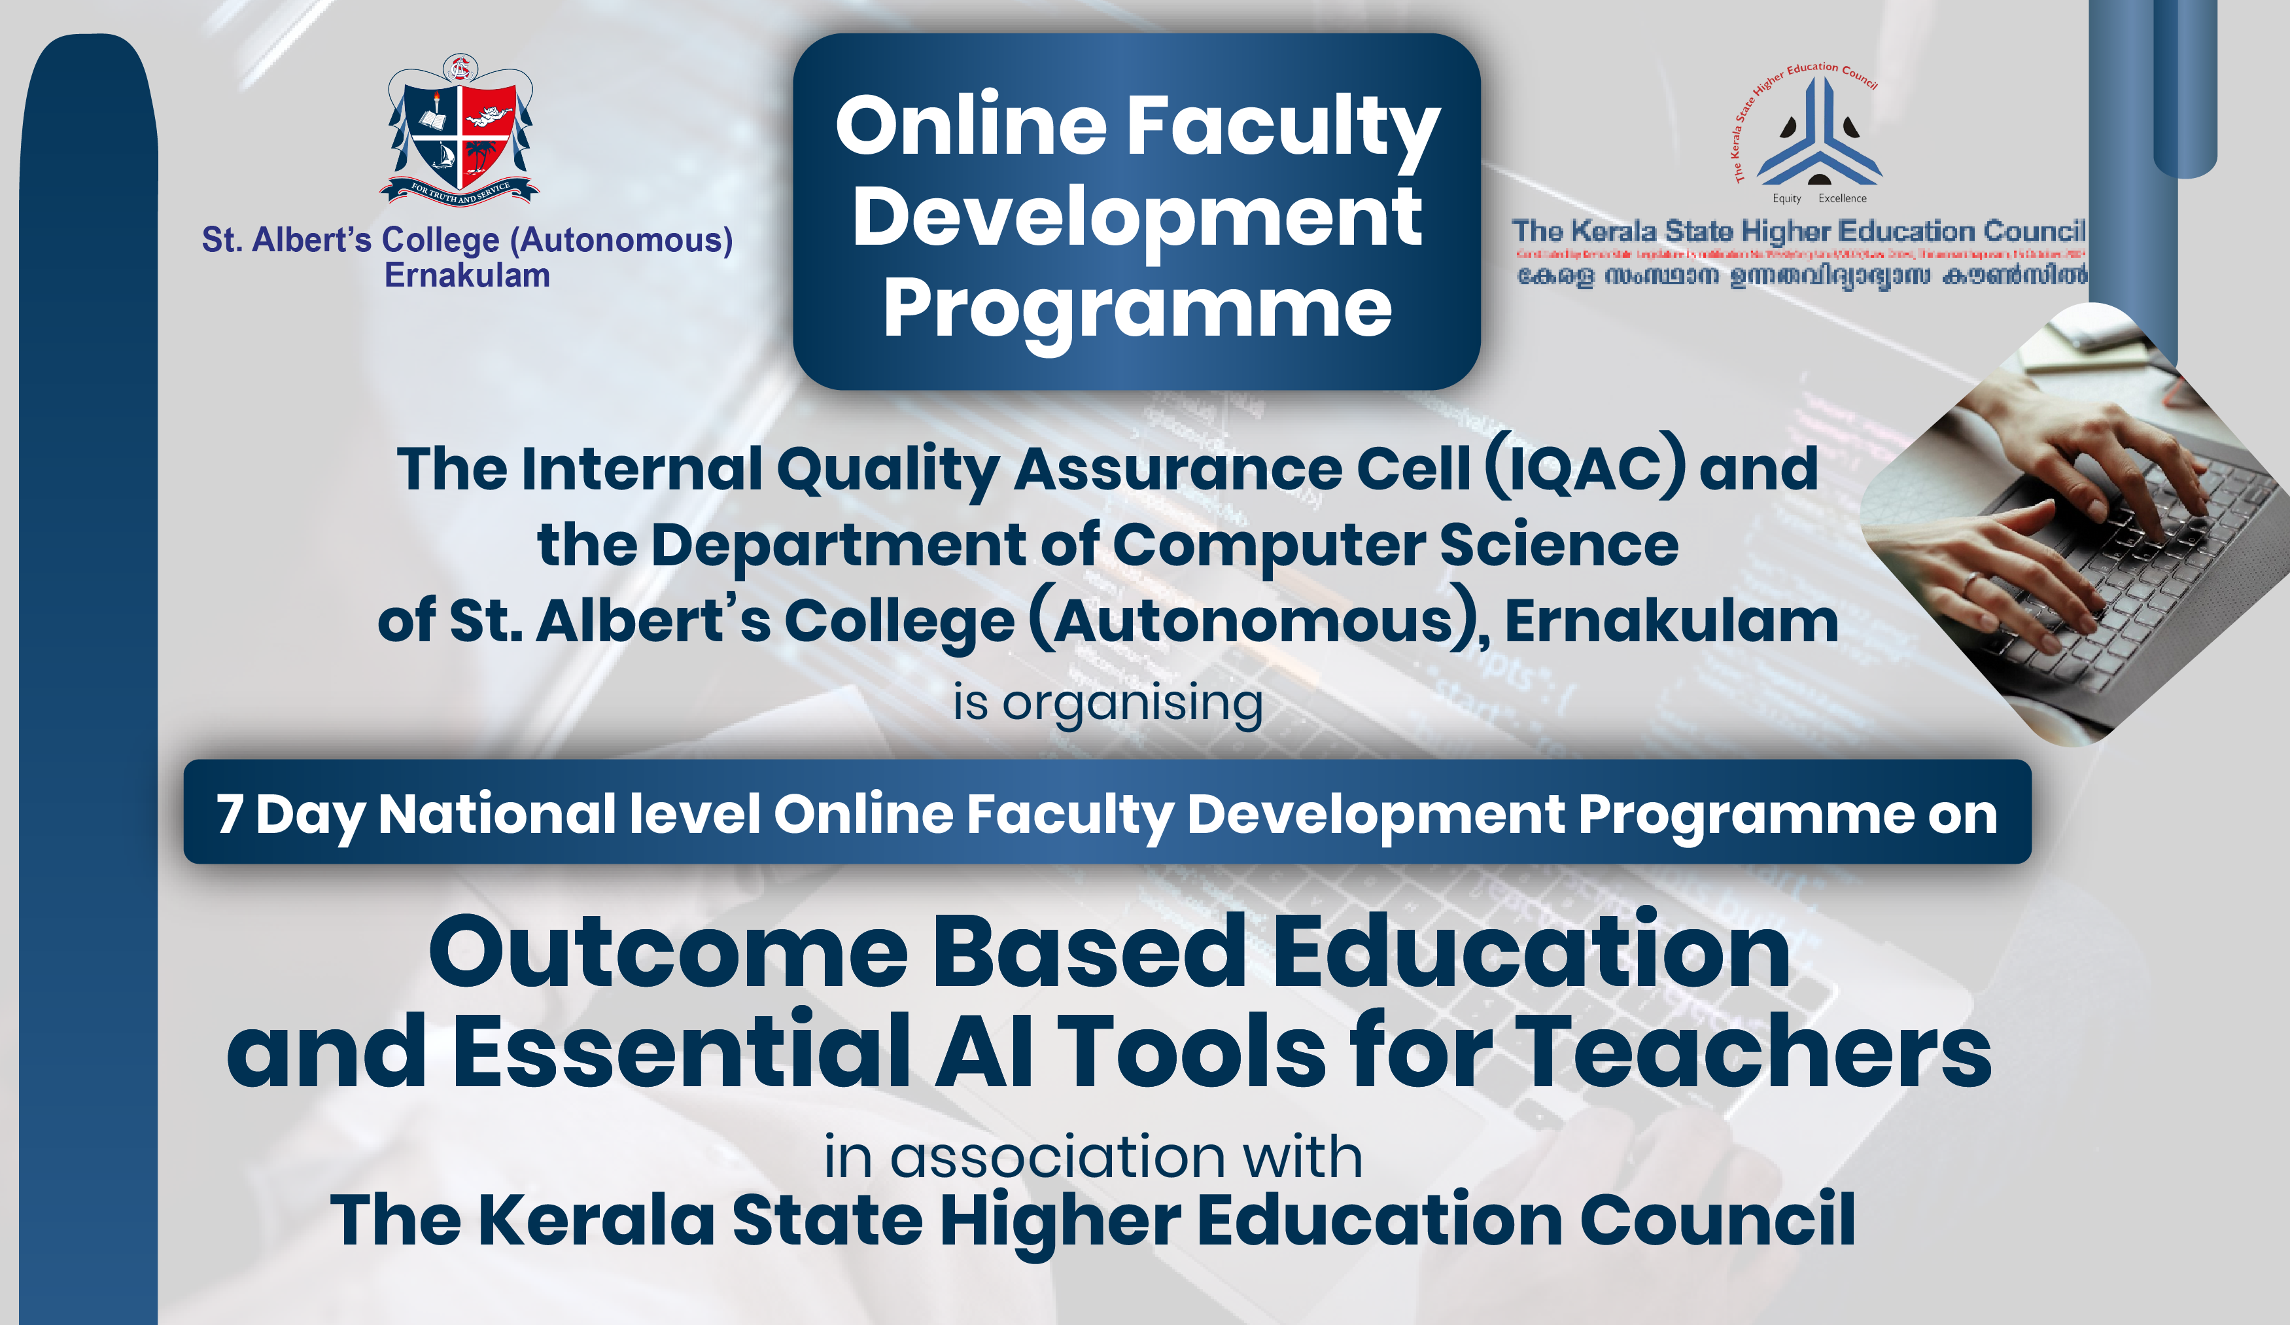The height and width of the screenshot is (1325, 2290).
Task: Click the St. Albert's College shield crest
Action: (460, 127)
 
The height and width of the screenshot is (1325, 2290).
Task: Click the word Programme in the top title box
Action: (1137, 309)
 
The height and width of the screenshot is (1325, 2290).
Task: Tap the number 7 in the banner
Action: (229, 813)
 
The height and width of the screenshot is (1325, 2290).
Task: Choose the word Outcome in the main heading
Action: (668, 953)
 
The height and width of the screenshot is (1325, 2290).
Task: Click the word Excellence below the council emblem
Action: (1842, 198)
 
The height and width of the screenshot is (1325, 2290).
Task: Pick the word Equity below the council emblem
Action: (1786, 198)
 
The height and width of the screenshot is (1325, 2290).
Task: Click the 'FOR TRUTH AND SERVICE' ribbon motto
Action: (460, 192)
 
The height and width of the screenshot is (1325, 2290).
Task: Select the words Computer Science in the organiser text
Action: (1395, 545)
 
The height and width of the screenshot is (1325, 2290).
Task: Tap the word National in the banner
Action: (497, 813)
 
